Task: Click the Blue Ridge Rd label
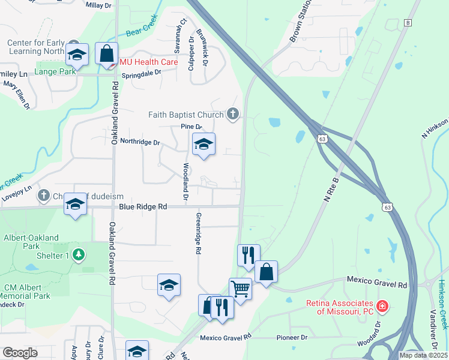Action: click(143, 206)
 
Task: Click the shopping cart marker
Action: click(240, 289)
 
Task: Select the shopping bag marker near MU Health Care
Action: click(106, 53)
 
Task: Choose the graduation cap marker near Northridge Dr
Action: click(203, 144)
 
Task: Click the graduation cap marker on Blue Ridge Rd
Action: click(76, 204)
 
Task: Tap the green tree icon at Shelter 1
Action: click(78, 255)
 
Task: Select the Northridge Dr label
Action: click(140, 143)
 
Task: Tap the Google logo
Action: click(20, 353)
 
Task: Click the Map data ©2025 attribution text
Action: click(423, 355)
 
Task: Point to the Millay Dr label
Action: click(99, 5)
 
